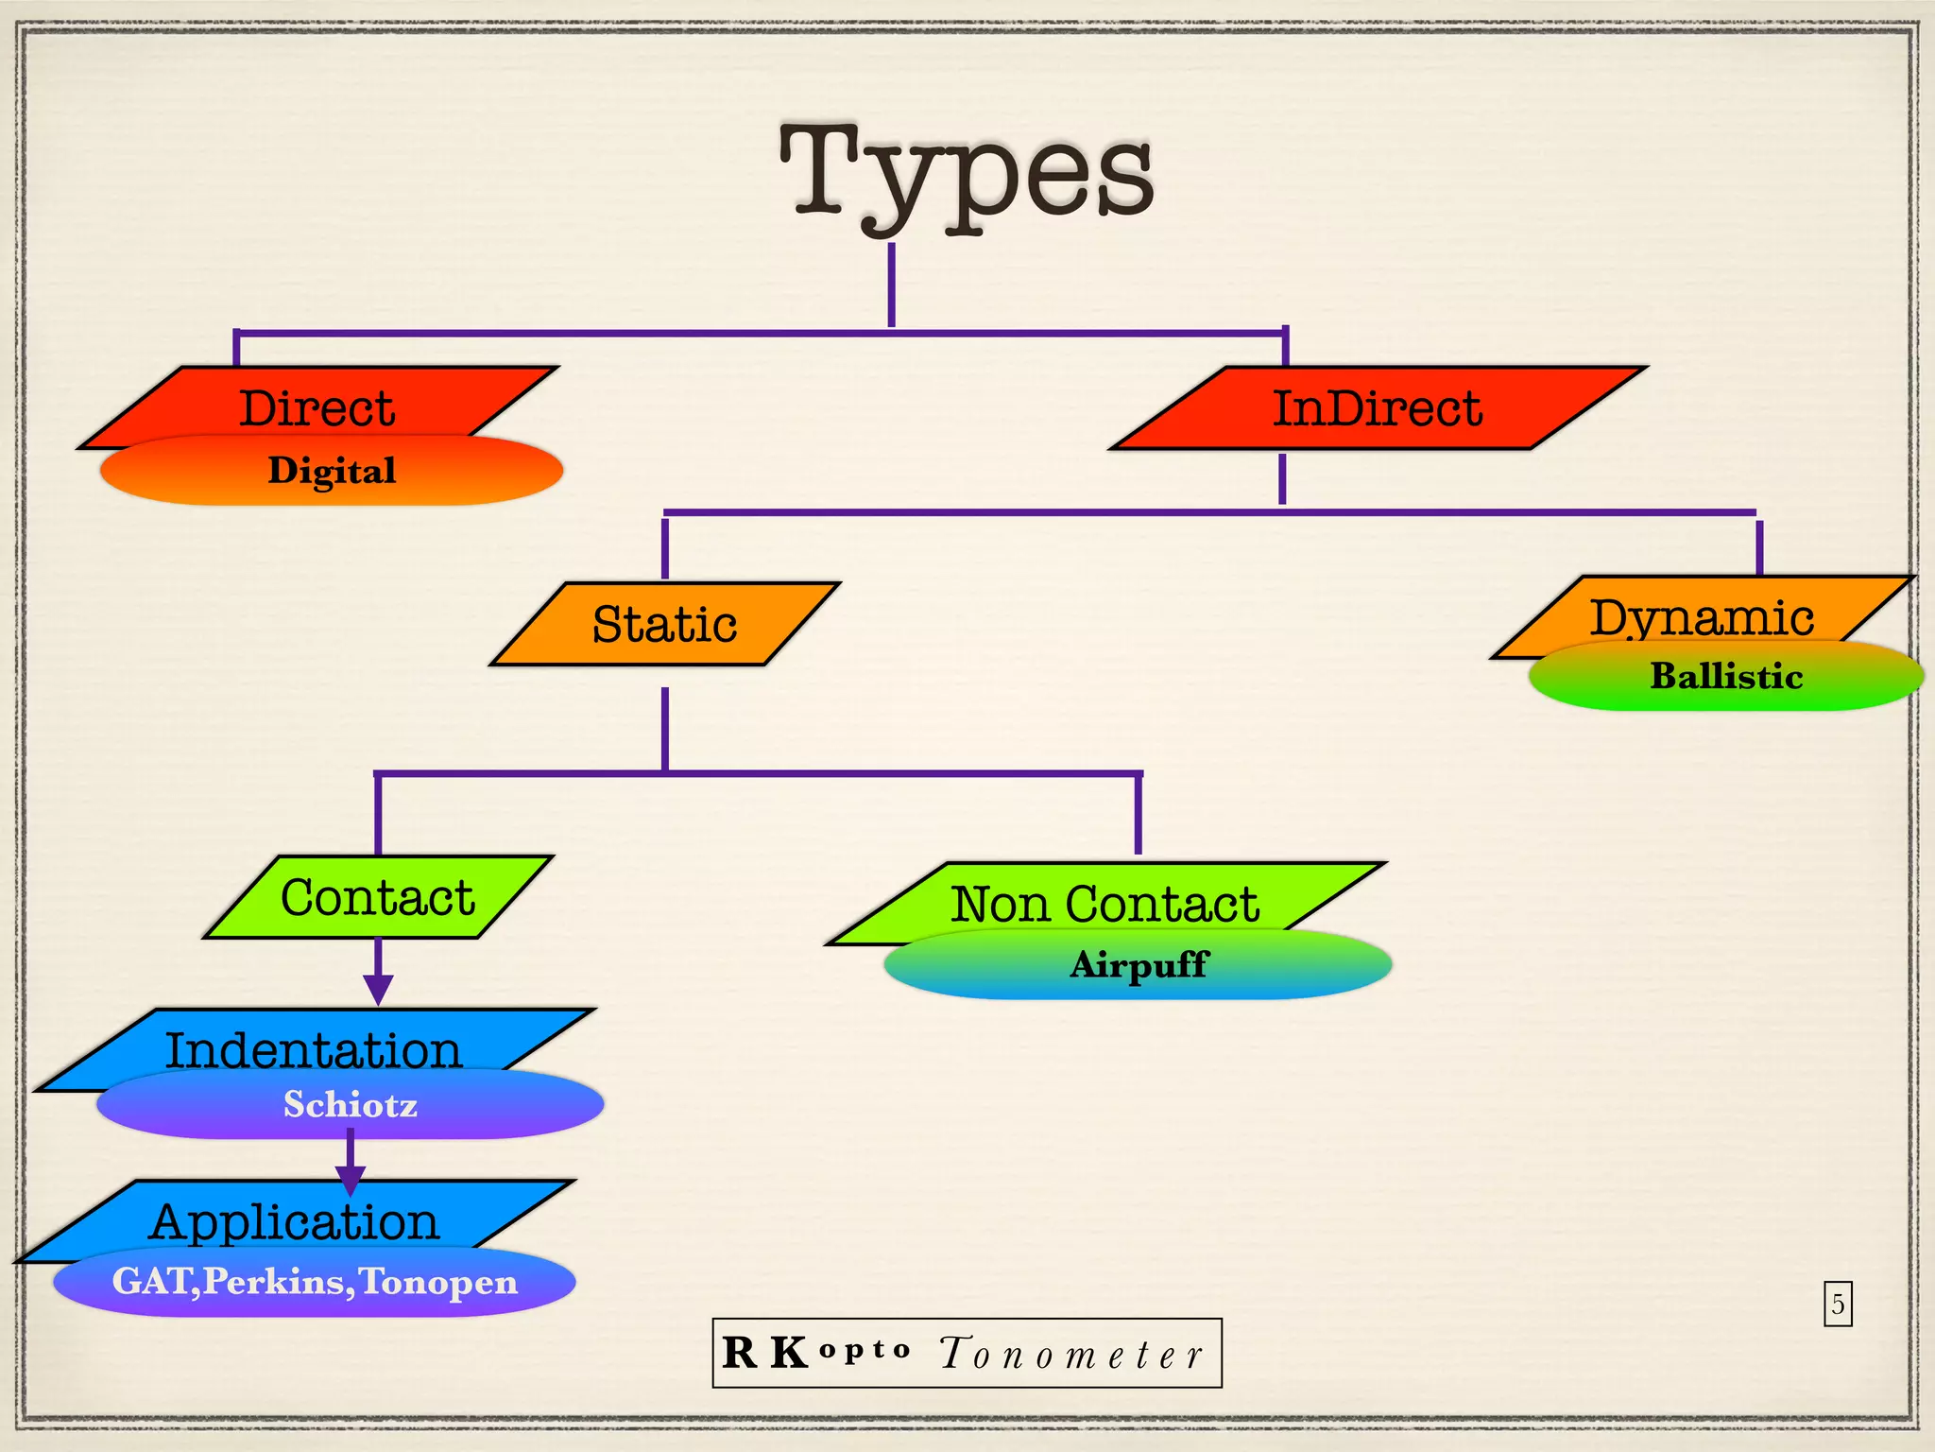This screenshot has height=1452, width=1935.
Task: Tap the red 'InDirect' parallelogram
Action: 1378,407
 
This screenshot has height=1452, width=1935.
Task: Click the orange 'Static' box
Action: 664,624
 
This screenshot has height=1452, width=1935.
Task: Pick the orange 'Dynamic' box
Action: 1701,615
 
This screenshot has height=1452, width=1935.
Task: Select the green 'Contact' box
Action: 378,896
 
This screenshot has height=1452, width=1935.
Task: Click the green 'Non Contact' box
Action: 1104,902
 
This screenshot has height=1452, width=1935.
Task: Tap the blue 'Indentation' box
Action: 314,1048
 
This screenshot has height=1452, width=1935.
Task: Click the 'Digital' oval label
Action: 332,471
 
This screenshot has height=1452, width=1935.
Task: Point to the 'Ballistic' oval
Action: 1726,676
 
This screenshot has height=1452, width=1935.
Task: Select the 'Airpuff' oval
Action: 1139,964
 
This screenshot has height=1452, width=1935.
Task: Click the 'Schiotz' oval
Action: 351,1104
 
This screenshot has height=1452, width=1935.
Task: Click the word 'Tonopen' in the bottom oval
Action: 438,1282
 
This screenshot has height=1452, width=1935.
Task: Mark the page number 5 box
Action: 1838,1304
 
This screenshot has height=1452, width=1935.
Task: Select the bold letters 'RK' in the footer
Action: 764,1353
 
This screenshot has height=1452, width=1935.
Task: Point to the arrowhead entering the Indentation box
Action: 378,989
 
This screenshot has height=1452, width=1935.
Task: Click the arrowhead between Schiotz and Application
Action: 351,1180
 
